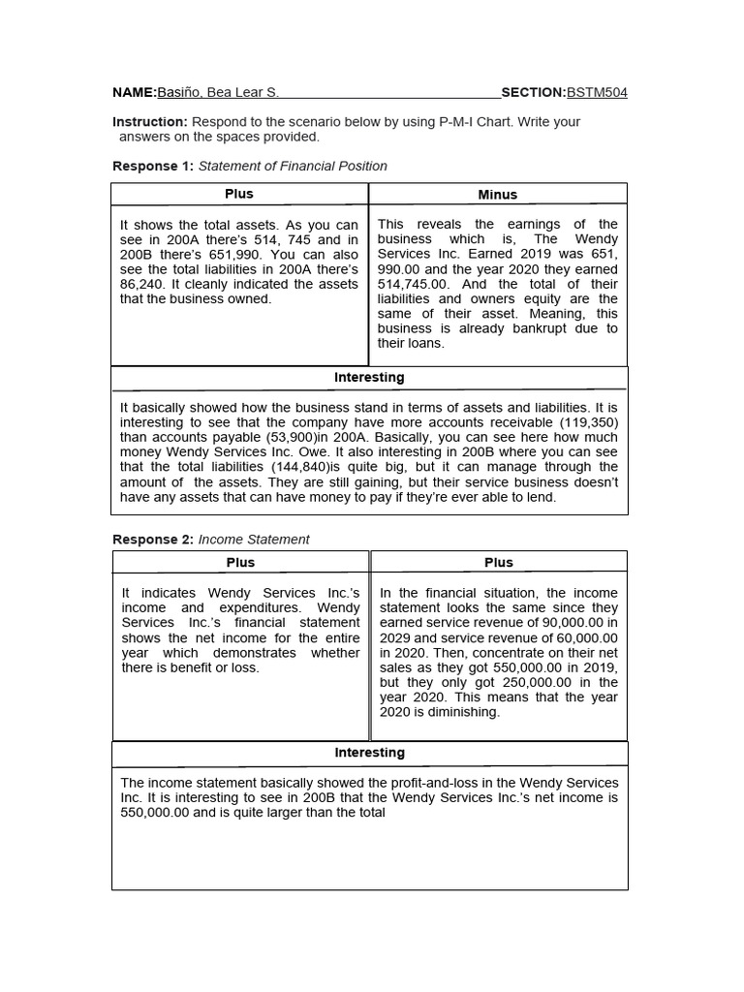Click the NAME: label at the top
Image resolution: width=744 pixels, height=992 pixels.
click(x=135, y=93)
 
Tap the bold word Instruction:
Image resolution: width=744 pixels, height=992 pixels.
click(x=150, y=122)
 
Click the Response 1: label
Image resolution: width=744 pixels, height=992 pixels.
click(x=153, y=166)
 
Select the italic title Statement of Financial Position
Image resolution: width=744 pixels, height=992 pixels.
click(x=293, y=166)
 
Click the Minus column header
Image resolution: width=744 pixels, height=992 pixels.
click(x=498, y=195)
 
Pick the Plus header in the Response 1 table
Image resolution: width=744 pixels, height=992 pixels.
click(x=239, y=194)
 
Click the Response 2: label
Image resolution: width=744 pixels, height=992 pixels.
click(x=153, y=540)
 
